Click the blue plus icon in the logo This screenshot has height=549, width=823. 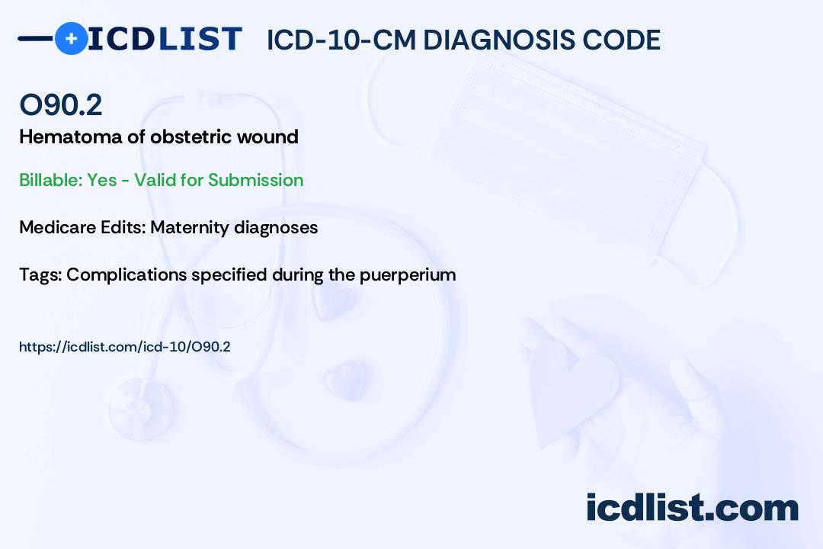(x=71, y=39)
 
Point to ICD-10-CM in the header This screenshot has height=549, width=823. (x=341, y=40)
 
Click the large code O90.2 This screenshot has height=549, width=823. (x=61, y=104)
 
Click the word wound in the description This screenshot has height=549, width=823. (x=267, y=137)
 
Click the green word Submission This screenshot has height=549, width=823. (x=255, y=180)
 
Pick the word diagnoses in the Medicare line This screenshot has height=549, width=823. (x=276, y=228)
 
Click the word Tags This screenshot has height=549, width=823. (x=40, y=274)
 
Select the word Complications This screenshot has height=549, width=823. (x=126, y=274)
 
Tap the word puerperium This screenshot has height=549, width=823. (x=407, y=275)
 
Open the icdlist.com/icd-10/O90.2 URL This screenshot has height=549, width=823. (x=124, y=347)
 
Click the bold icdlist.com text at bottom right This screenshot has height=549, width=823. (x=692, y=508)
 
